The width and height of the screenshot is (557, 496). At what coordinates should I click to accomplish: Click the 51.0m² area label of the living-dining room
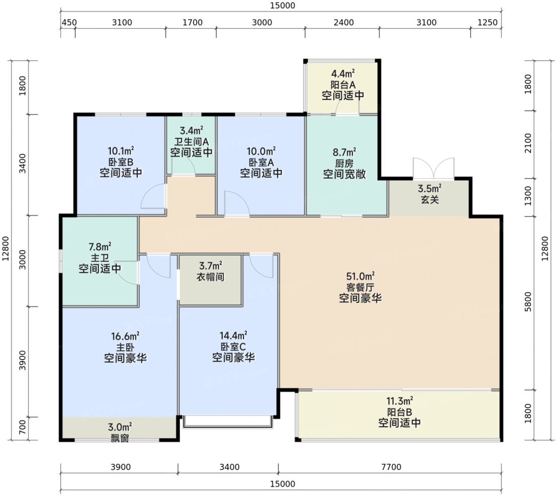tap(360, 276)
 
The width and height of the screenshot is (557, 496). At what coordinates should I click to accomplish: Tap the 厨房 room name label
tap(344, 163)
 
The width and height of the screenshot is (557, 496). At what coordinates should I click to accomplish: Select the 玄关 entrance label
tap(430, 200)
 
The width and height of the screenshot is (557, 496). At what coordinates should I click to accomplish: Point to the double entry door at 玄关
tap(434, 168)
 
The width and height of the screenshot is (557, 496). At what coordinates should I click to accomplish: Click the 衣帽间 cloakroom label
tap(211, 277)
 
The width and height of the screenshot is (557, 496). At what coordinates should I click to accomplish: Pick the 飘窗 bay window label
tap(120, 438)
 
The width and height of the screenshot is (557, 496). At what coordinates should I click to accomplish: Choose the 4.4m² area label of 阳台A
tap(343, 74)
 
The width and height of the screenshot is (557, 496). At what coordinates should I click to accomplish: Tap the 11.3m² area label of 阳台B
tap(399, 401)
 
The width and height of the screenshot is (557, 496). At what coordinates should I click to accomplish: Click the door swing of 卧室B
tap(154, 196)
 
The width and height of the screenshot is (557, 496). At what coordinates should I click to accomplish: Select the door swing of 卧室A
tap(237, 203)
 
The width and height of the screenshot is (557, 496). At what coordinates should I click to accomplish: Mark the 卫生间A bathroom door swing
tap(183, 166)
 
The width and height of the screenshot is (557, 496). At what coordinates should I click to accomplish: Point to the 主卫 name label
tap(100, 258)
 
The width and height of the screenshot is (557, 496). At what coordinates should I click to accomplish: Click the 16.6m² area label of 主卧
tap(125, 336)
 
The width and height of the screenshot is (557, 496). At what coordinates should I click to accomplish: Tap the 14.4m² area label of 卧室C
tap(233, 336)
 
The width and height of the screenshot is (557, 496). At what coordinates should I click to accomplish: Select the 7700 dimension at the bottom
tap(391, 467)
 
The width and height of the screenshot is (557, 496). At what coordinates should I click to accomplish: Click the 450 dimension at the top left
tap(69, 23)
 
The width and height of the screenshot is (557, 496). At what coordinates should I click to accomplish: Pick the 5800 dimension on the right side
tap(528, 302)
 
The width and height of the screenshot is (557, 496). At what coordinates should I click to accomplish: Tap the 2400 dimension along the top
tap(344, 23)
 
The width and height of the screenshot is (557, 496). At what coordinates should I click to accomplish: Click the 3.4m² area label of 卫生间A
tap(192, 131)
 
